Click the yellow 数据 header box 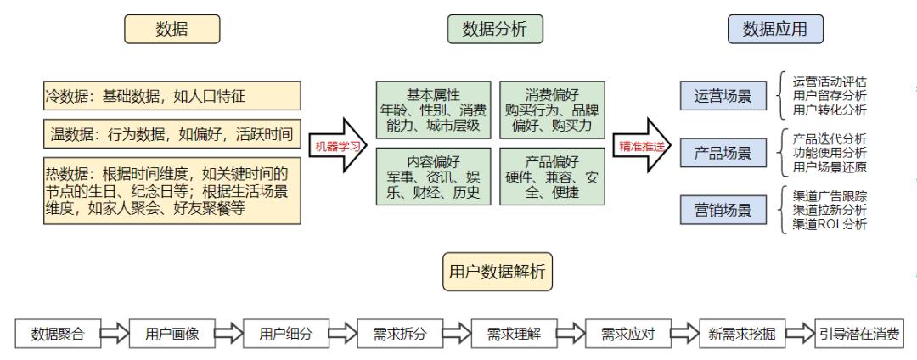[172, 30]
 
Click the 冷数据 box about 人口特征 [172, 96]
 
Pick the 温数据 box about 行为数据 [172, 133]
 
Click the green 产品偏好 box [553, 177]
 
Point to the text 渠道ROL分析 [829, 224]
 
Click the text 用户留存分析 [829, 97]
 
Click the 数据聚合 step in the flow [59, 333]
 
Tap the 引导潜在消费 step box [859, 333]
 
